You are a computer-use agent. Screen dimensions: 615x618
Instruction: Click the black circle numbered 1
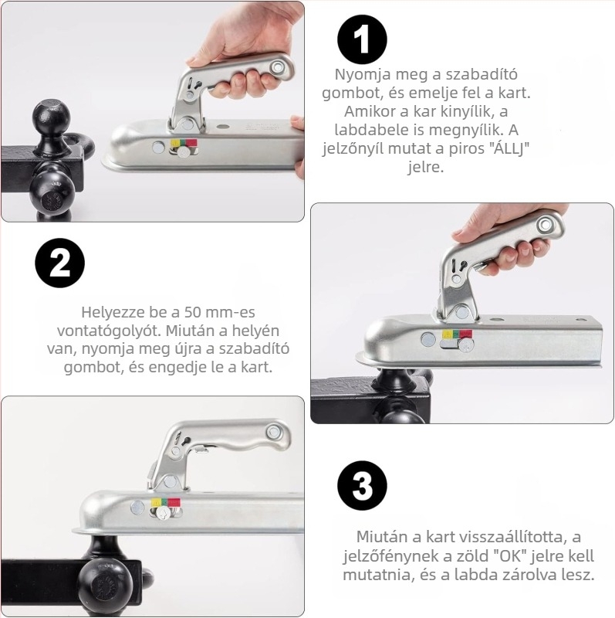pos(362,39)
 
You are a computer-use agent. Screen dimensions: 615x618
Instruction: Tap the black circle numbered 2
pos(60,263)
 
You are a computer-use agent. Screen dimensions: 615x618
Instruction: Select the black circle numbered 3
pos(362,486)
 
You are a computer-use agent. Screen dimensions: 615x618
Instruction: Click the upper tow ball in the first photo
pos(51,117)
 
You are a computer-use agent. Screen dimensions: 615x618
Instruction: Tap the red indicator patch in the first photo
pos(191,142)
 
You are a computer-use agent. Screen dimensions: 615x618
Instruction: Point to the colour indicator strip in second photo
pos(457,334)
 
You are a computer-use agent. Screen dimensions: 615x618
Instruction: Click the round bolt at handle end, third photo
pos(274,433)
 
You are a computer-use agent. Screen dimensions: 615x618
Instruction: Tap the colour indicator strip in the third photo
pos(166,502)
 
